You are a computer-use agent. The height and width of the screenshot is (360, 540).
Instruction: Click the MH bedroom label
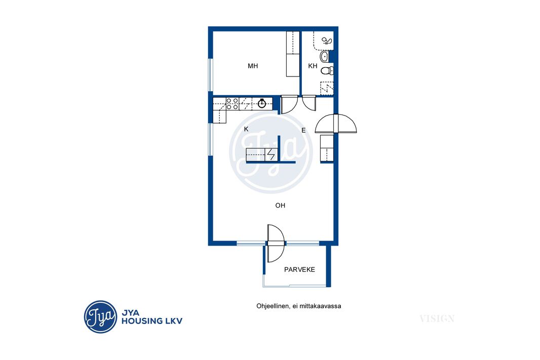click(253, 66)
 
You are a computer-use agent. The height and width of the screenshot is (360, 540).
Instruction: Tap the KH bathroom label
click(313, 66)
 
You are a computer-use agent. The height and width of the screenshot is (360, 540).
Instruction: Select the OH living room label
click(280, 206)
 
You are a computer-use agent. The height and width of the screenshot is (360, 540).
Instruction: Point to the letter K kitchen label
click(246, 129)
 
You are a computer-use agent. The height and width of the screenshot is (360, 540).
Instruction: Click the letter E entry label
click(303, 130)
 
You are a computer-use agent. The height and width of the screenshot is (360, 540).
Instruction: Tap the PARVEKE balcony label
click(299, 269)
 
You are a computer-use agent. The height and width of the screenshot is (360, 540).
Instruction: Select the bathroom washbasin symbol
click(324, 56)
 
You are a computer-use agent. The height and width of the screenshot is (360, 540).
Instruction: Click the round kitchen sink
click(262, 103)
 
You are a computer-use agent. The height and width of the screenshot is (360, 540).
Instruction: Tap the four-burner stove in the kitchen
click(233, 104)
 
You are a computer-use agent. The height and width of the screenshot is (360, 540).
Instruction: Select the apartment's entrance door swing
click(336, 124)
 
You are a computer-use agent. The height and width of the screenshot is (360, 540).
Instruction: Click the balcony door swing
click(276, 244)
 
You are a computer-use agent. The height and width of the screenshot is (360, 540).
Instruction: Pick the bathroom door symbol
click(309, 103)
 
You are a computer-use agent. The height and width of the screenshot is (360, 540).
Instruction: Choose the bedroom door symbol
click(289, 104)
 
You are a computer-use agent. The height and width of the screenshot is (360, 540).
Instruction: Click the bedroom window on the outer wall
click(210, 75)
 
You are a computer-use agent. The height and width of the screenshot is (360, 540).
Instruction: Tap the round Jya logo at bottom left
click(101, 316)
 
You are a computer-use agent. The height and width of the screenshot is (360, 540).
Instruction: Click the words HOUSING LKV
click(152, 321)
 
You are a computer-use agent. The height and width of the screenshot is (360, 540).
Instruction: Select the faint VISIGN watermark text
click(437, 318)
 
